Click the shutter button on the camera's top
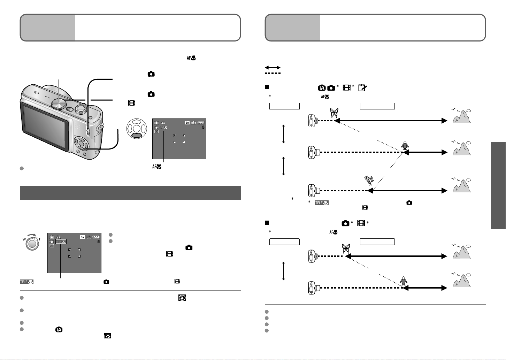click(x=82, y=109)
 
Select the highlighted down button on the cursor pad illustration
click(x=137, y=135)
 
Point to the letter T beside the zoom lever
click(x=40, y=239)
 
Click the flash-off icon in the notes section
click(x=182, y=298)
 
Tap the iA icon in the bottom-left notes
click(x=59, y=329)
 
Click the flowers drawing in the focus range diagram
click(x=369, y=180)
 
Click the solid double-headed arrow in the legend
click(x=273, y=68)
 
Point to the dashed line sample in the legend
click(x=273, y=73)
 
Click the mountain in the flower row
click(x=461, y=185)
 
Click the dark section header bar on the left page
click(x=130, y=193)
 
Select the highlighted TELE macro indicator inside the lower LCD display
click(x=61, y=242)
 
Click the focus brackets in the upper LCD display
click(x=179, y=139)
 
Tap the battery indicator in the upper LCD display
click(x=201, y=123)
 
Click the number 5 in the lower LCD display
click(x=99, y=242)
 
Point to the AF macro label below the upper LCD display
click(x=156, y=167)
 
